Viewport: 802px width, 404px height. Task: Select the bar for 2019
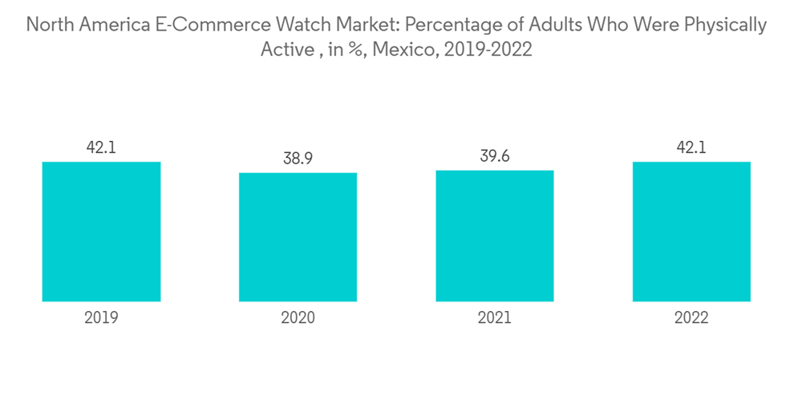[101, 232]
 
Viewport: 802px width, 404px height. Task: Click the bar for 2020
[298, 237]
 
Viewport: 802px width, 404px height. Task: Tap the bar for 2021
[495, 236]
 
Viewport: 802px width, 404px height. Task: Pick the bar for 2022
[691, 232]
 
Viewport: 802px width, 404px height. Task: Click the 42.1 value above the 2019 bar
[101, 147]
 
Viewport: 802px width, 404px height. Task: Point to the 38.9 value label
[298, 159]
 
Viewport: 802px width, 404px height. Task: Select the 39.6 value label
[495, 156]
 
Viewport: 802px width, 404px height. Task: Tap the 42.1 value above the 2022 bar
[691, 147]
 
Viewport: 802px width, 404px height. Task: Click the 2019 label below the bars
[101, 318]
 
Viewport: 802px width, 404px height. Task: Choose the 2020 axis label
[298, 318]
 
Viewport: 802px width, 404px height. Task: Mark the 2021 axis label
[495, 318]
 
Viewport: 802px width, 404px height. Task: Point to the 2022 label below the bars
[691, 318]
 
